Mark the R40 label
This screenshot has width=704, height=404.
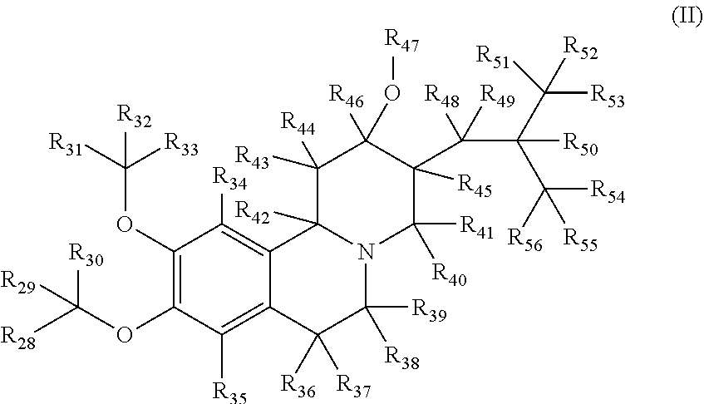pyautogui.click(x=449, y=277)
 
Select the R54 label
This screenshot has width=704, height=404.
pyautogui.click(x=608, y=195)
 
